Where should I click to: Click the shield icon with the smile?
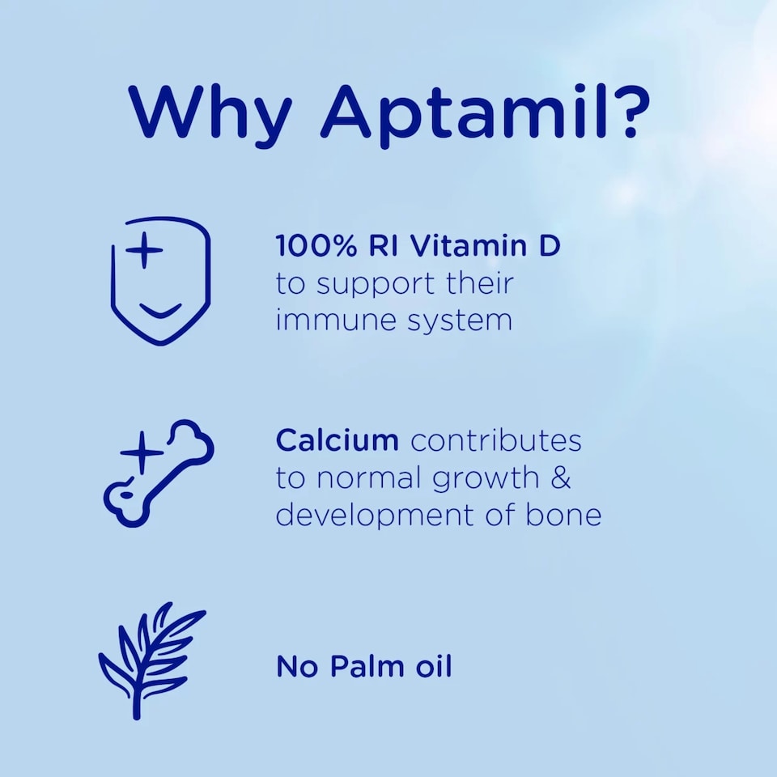tap(160, 280)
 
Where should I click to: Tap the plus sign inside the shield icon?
tap(145, 251)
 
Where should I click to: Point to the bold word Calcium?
tap(337, 440)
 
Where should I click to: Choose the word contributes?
tap(496, 440)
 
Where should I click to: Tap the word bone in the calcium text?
tap(568, 515)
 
